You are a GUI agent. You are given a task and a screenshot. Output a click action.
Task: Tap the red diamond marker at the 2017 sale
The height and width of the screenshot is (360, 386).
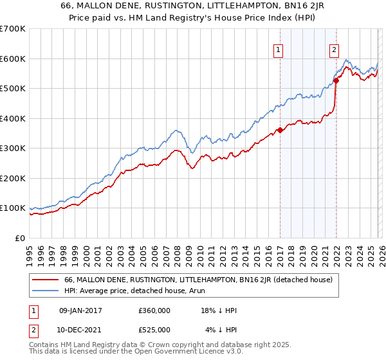click(x=280, y=130)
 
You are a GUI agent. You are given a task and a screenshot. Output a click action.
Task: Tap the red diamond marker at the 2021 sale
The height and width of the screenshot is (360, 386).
click(x=336, y=81)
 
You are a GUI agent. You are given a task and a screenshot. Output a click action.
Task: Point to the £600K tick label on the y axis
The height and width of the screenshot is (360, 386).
click(x=13, y=59)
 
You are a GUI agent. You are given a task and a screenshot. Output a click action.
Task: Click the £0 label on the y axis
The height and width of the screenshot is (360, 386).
click(x=21, y=238)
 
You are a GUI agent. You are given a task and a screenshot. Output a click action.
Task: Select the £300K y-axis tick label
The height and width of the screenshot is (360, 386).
click(x=13, y=148)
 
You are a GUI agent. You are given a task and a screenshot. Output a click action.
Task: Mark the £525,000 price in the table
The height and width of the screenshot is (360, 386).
click(x=154, y=330)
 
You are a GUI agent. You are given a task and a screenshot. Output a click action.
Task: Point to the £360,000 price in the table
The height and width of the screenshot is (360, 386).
click(x=154, y=310)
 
